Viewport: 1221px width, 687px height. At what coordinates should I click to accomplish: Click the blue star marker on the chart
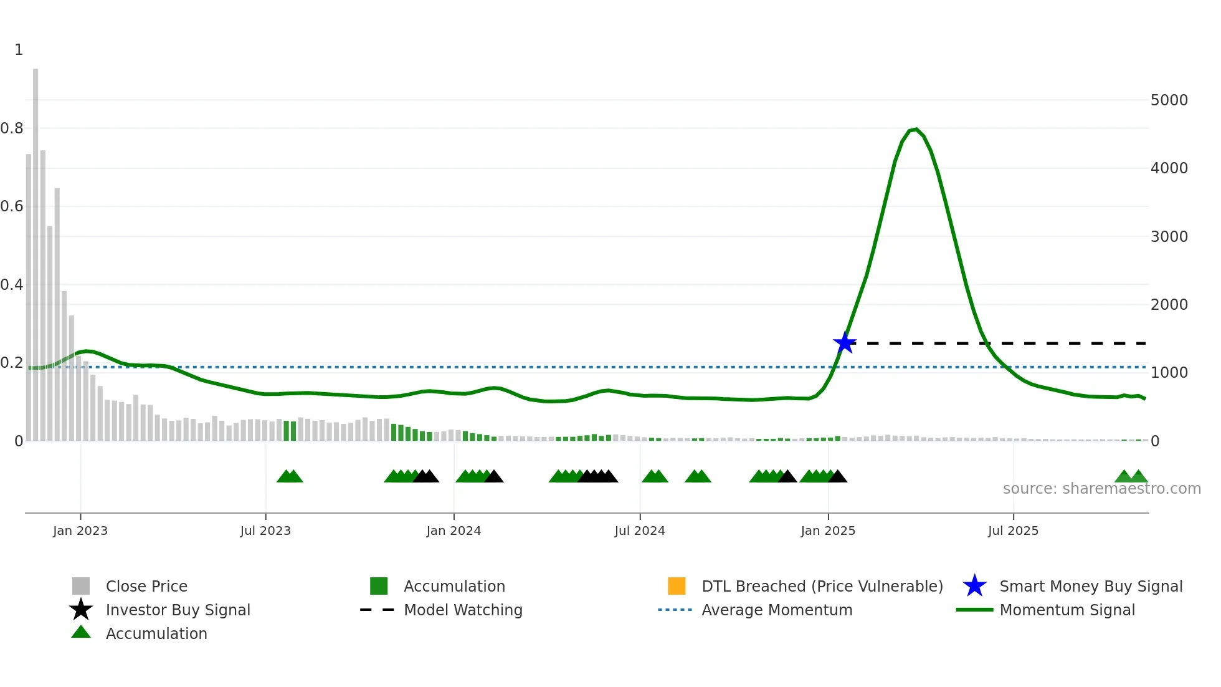[845, 343]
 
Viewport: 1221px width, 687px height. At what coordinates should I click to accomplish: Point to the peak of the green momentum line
[915, 129]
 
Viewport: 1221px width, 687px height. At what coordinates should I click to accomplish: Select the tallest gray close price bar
[36, 249]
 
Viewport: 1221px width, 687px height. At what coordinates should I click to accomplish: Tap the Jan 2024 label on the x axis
[454, 531]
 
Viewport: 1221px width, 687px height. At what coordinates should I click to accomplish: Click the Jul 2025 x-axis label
[1013, 531]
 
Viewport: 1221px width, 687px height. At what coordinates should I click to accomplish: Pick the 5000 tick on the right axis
[1169, 100]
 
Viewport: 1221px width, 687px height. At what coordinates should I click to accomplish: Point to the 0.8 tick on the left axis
[12, 128]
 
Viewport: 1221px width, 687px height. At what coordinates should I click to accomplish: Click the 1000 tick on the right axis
[1169, 372]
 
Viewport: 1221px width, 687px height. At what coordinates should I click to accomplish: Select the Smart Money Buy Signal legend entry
[1090, 586]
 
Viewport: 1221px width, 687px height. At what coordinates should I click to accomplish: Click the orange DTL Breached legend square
[677, 586]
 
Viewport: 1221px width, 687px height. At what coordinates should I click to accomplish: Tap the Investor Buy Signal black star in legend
[81, 610]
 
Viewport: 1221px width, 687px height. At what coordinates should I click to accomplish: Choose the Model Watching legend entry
[462, 610]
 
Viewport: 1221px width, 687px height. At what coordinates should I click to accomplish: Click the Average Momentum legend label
[776, 610]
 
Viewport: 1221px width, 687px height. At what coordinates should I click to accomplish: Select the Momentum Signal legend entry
[1067, 610]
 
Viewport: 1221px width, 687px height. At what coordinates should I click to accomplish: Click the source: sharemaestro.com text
[1101, 489]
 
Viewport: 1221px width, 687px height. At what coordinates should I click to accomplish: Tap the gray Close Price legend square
[81, 586]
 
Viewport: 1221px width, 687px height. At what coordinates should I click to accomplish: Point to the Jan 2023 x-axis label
[80, 531]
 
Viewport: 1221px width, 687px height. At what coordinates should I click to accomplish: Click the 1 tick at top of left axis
[19, 50]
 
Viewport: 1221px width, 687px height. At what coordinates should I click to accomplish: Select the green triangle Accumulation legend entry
[156, 633]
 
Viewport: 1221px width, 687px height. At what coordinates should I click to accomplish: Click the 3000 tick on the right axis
[1169, 236]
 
